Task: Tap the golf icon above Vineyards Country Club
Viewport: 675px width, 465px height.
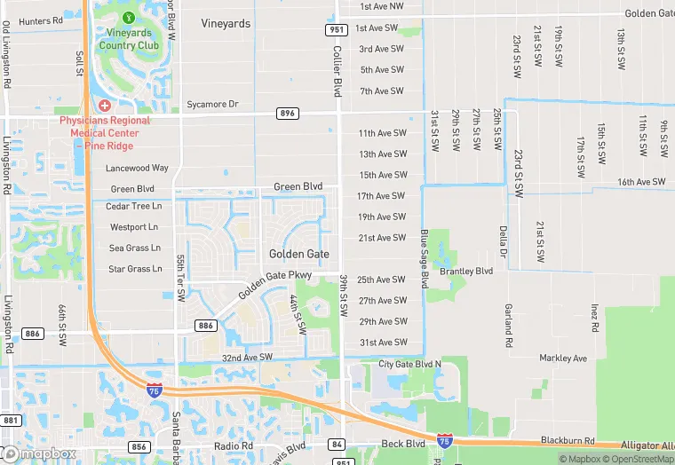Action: (130, 17)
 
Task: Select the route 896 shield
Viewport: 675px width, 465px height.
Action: (288, 114)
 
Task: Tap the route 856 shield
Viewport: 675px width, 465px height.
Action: (139, 446)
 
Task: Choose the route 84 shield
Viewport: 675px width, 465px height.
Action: (336, 444)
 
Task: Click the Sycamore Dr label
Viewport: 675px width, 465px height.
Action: (212, 105)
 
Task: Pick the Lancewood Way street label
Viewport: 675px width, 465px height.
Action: (137, 168)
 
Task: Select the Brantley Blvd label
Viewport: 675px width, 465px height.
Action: (465, 272)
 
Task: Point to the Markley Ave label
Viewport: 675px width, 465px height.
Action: (563, 359)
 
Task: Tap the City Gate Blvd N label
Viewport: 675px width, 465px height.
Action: (409, 364)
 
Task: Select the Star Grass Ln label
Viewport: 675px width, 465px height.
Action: (135, 269)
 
